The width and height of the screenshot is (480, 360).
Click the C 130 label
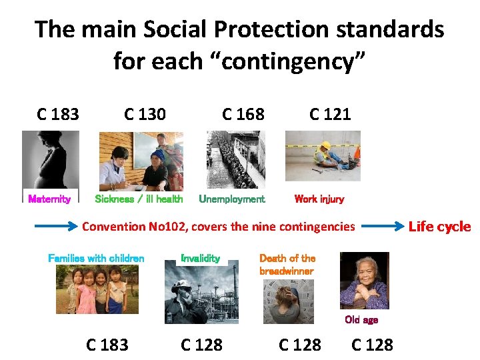coord(145,115)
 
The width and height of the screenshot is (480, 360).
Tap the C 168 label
coord(243,115)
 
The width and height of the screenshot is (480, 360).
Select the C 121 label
coord(330,115)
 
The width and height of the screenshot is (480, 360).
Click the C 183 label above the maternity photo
coord(58,115)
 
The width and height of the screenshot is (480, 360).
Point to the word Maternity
coord(49,199)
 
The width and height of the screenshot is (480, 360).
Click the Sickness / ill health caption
coord(139,199)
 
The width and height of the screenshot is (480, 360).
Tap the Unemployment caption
coord(232,199)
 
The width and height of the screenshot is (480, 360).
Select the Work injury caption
coord(319,199)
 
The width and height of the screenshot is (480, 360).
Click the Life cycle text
coord(439,227)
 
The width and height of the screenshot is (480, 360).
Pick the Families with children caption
coord(96,258)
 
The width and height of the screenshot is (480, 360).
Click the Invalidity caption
coord(201,258)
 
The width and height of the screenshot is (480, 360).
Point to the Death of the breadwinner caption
coord(287,265)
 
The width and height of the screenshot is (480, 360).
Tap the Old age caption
coord(361,320)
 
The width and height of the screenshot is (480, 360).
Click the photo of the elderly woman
coord(364,281)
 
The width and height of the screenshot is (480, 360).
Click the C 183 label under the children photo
coord(107,345)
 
